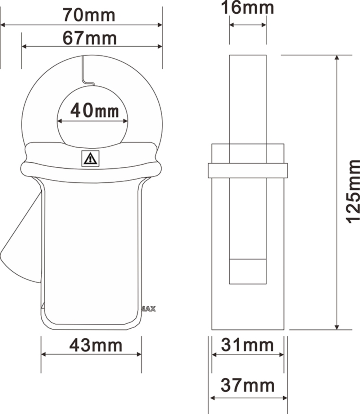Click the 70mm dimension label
tap(89, 15)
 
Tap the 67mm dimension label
tap(90, 38)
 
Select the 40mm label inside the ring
tap(95, 110)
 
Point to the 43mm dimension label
tap(96, 345)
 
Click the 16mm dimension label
tap(247, 8)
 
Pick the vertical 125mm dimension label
tap(353, 192)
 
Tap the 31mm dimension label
tap(247, 345)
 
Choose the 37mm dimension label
tap(247, 385)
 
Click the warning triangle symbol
tap(90, 159)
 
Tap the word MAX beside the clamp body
tap(149, 309)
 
